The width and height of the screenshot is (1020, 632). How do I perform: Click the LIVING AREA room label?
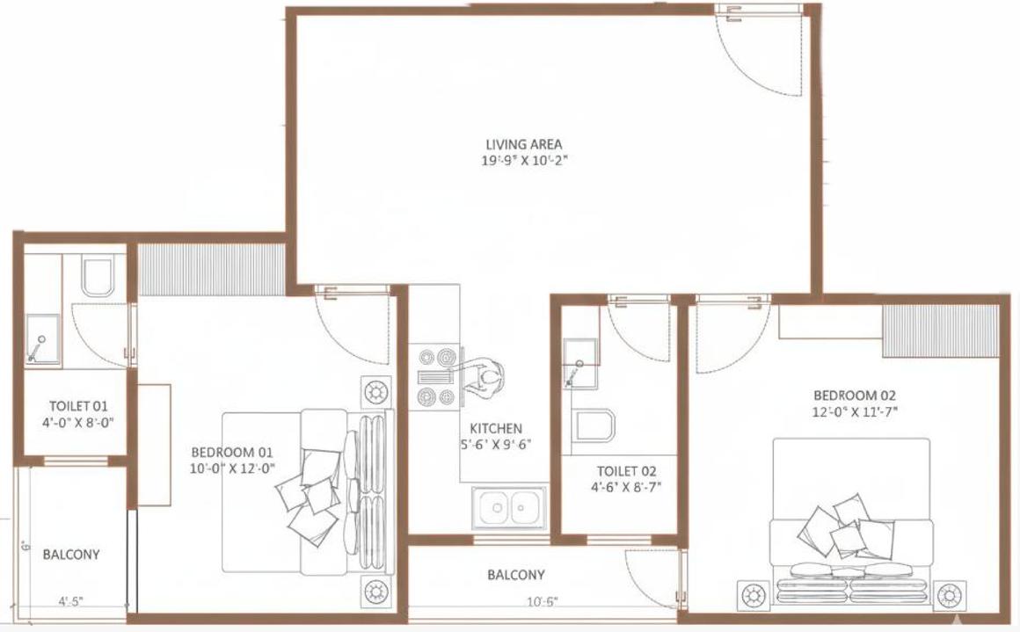pos(523,144)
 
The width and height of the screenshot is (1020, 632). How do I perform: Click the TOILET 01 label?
pos(77,406)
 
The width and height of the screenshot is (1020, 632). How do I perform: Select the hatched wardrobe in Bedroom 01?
pos(211,268)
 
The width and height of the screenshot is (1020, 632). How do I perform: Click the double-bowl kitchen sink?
pos(509,508)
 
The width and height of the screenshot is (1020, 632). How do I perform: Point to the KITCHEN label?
pos(496,428)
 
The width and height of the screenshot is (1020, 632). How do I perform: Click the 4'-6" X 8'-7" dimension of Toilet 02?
pos(627,486)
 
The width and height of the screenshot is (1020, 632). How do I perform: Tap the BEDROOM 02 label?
pos(855,396)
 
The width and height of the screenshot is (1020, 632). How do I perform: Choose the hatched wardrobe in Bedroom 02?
pos(941,331)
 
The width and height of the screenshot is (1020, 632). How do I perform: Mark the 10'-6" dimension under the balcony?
pos(543,602)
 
